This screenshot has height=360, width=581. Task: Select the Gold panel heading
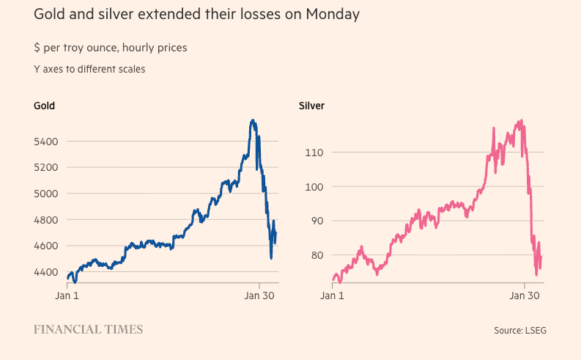pyautogui.click(x=44, y=106)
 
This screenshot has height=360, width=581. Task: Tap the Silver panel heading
pyautogui.click(x=312, y=106)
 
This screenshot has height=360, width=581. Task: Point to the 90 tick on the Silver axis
pyautogui.click(x=314, y=221)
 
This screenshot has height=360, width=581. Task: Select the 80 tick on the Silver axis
pyautogui.click(x=314, y=256)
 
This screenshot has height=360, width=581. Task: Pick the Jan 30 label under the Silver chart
pyautogui.click(x=524, y=295)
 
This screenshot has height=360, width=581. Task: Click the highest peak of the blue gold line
pyautogui.click(x=253, y=120)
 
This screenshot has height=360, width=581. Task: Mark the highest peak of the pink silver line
pyautogui.click(x=521, y=121)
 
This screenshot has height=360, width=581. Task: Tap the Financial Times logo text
pyautogui.click(x=88, y=330)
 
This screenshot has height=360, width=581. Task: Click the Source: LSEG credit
pyautogui.click(x=519, y=331)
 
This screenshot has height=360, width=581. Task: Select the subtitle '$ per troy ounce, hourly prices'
pyautogui.click(x=110, y=48)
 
